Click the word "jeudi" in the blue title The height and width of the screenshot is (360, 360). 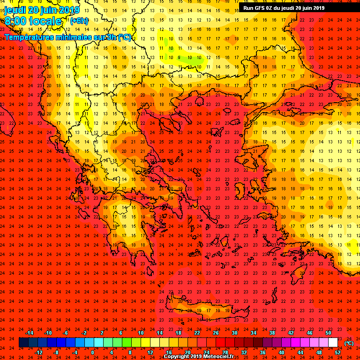(x=15, y=10)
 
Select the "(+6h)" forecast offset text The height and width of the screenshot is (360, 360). (x=79, y=21)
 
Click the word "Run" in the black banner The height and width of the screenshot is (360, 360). (x=249, y=8)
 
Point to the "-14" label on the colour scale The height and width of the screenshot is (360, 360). (x=29, y=333)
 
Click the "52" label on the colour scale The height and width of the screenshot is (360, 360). (x=337, y=352)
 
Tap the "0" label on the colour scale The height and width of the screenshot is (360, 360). (x=92, y=352)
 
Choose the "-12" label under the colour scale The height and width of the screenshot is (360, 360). (x=38, y=352)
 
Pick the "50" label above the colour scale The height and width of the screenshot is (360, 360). (x=328, y=333)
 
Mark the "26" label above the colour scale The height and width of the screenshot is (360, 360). (x=216, y=333)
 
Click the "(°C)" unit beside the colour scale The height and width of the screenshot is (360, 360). (x=348, y=343)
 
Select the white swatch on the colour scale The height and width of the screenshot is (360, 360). (x=333, y=343)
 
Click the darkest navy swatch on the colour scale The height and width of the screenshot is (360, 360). (x=23, y=343)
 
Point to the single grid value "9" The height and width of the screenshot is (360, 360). (x=179, y=58)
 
